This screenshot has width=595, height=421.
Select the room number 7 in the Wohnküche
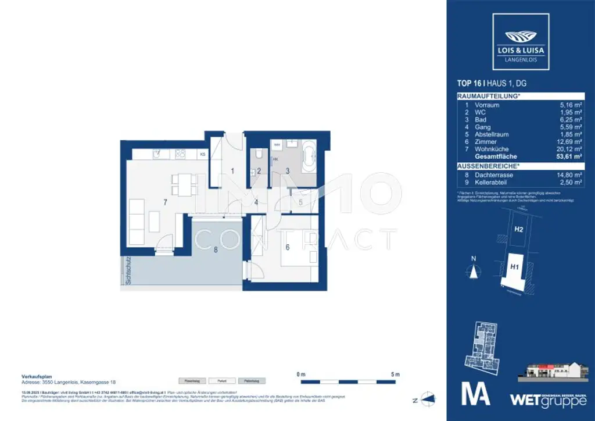pyautogui.click(x=166, y=202)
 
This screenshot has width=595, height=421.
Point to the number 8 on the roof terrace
pyautogui.click(x=216, y=251)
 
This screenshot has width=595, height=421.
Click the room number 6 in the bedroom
pyautogui.click(x=286, y=246)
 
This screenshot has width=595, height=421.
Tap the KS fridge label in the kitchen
pyautogui.click(x=202, y=155)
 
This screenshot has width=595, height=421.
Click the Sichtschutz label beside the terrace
pyautogui.click(x=126, y=271)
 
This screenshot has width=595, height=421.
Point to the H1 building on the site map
pyautogui.click(x=514, y=267)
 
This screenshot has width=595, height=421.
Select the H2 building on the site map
pyautogui.click(x=518, y=229)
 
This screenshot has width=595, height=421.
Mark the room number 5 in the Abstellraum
pyautogui.click(x=300, y=202)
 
